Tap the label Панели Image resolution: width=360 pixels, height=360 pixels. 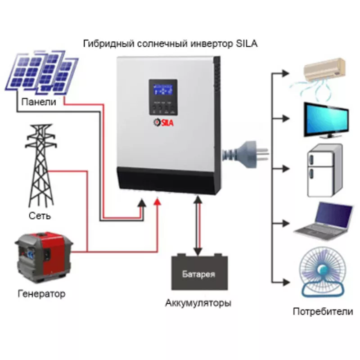pos(39,102)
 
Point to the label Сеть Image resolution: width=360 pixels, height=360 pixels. pos(39,216)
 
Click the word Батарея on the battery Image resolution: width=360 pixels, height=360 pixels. pos(198,274)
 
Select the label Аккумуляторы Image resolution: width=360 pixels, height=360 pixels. pos(198,302)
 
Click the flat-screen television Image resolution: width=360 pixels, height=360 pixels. pos(325,119)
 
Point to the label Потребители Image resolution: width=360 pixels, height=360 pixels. pos(323,311)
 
